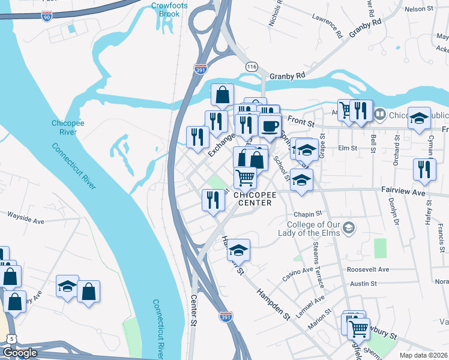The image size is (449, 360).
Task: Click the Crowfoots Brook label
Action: (x=165, y=9)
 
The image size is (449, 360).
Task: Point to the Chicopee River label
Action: (x=64, y=127)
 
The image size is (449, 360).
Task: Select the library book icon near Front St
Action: (x=379, y=113)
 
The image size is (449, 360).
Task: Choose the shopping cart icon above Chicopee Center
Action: (x=245, y=177)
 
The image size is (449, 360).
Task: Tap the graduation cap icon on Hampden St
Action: (x=239, y=249)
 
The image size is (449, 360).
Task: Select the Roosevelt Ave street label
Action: (x=368, y=269)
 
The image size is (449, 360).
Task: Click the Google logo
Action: (x=20, y=353)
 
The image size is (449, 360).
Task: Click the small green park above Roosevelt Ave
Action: (x=380, y=248)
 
